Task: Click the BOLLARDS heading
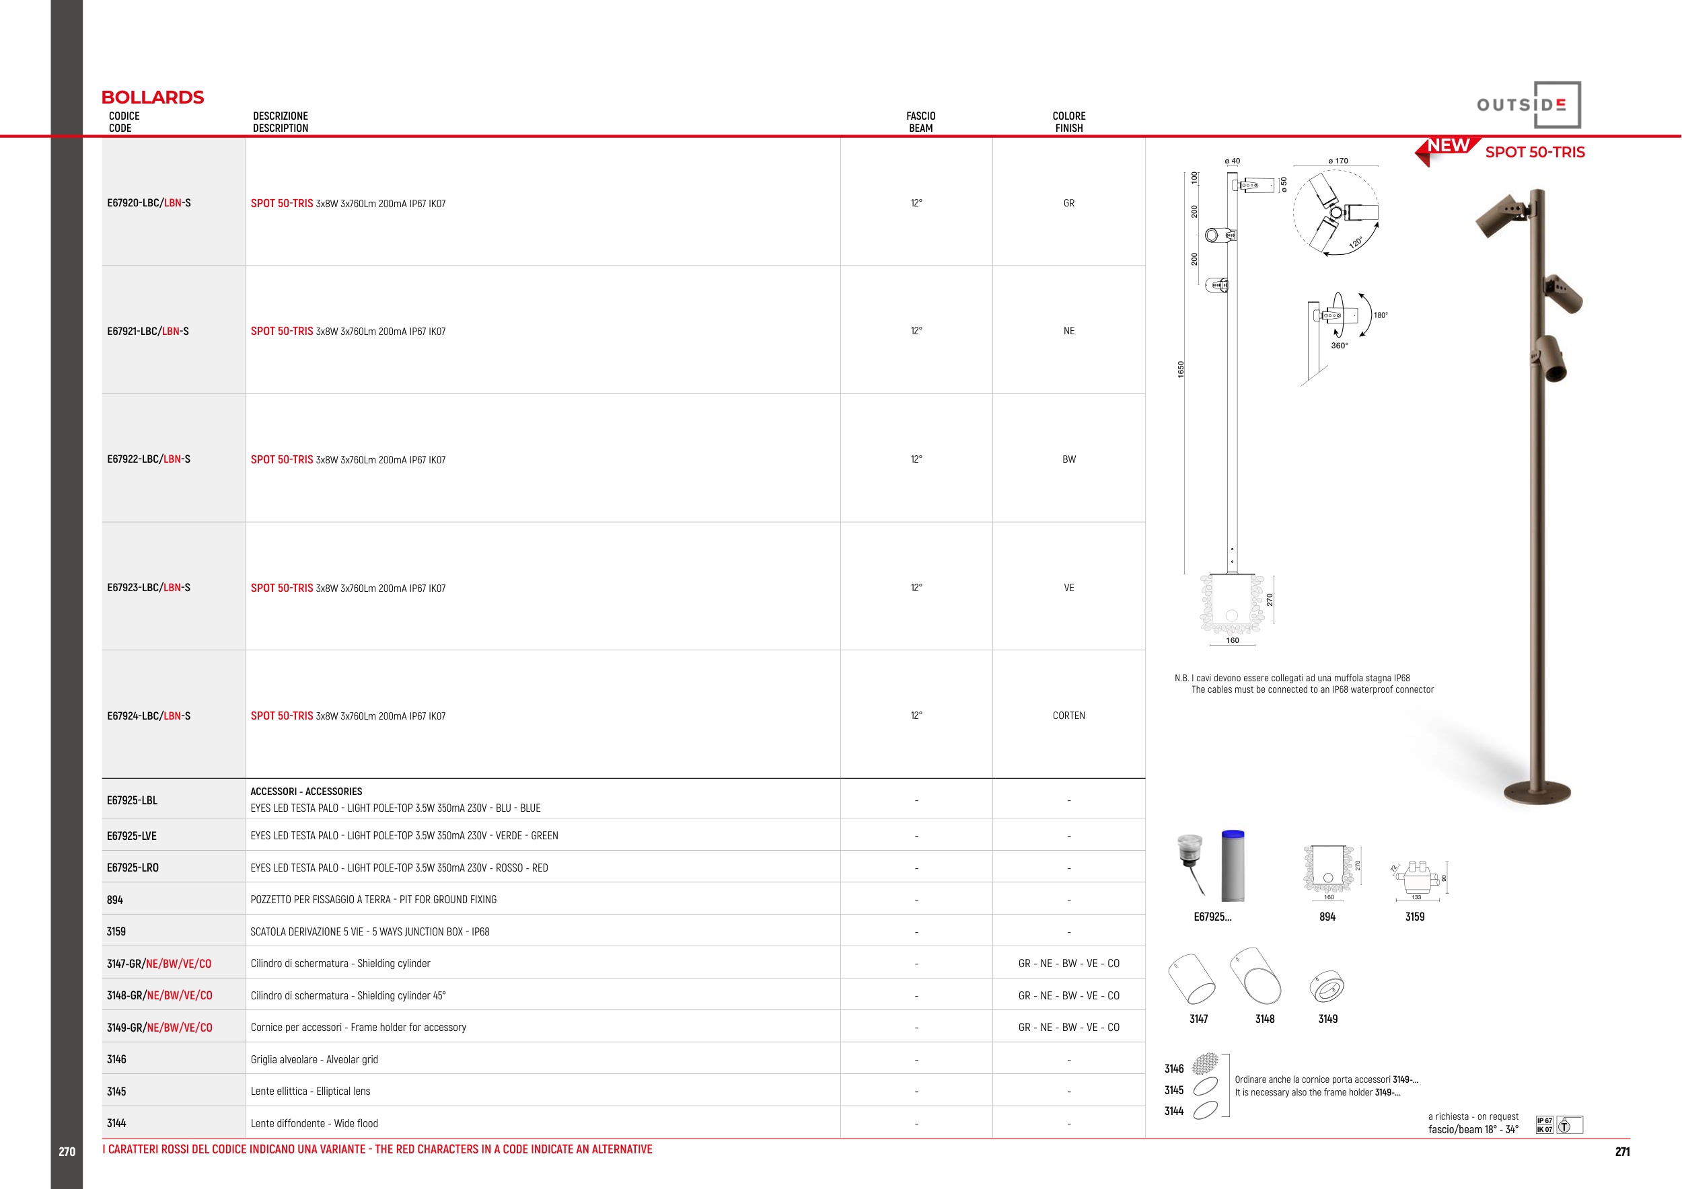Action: point(152,98)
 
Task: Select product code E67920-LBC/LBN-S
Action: point(149,203)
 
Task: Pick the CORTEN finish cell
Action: point(1069,716)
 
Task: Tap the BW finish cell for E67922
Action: point(1069,459)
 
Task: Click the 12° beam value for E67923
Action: point(916,587)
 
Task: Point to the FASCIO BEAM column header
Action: point(921,122)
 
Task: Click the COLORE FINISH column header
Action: point(1069,122)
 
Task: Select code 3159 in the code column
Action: point(116,931)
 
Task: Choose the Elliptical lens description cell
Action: point(311,1091)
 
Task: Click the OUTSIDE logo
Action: point(1529,105)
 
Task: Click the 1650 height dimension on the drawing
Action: point(1180,369)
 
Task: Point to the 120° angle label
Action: point(1356,241)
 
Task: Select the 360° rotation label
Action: point(1339,346)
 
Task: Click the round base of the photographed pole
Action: point(1537,792)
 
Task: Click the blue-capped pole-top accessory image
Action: point(1233,866)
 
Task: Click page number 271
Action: point(1623,1151)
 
